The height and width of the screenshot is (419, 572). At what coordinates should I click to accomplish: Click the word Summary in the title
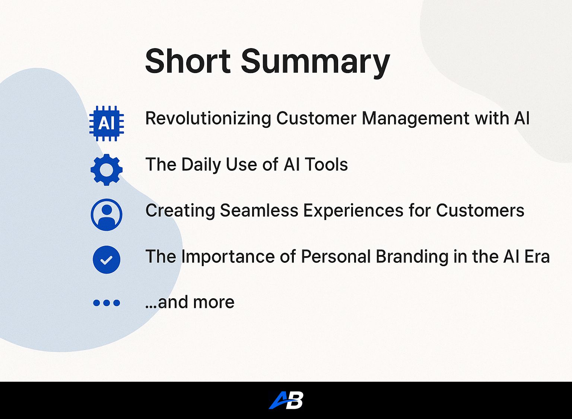pyautogui.click(x=316, y=63)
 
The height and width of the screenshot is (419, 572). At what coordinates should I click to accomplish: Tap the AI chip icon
pyautogui.click(x=107, y=123)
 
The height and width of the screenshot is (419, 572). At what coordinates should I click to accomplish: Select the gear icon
pyautogui.click(x=107, y=170)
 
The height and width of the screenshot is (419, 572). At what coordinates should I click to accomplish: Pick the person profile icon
pyautogui.click(x=107, y=215)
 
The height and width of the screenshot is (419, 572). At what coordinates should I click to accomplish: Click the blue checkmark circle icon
pyautogui.click(x=107, y=260)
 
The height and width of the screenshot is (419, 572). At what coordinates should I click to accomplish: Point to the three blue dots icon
pyautogui.click(x=107, y=303)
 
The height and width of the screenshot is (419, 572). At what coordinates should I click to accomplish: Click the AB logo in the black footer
pyautogui.click(x=286, y=400)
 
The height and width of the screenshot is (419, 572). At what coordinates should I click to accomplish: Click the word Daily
pyautogui.click(x=201, y=164)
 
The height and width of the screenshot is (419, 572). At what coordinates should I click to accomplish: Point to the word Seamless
pyautogui.click(x=259, y=210)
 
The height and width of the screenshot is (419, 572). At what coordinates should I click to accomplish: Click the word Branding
pyautogui.click(x=412, y=257)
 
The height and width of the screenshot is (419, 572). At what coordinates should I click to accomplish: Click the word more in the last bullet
pyautogui.click(x=214, y=302)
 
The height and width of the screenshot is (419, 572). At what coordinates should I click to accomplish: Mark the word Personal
pyautogui.click(x=336, y=256)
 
